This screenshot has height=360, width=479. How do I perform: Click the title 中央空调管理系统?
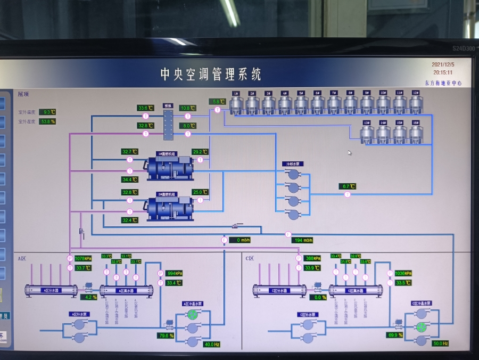[211, 74]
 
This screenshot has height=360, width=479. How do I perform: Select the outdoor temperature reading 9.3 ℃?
[47, 112]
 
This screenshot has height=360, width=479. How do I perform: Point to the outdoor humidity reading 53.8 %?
[47, 121]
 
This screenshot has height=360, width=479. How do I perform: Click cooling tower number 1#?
[236, 103]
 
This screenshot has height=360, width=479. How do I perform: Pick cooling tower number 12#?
[415, 103]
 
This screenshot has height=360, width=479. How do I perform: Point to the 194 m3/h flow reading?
[302, 240]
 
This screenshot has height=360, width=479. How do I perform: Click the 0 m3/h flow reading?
[239, 240]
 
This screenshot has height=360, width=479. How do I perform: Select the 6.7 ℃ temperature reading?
[347, 186]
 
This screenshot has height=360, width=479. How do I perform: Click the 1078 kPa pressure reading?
[83, 258]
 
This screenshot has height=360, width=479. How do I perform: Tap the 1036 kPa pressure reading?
[403, 273]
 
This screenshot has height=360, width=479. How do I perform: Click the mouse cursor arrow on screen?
[350, 153]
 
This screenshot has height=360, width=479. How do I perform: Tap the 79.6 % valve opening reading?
[166, 336]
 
